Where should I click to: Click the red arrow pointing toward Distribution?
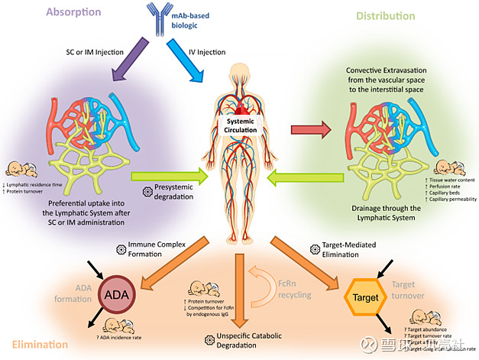pos(306,125)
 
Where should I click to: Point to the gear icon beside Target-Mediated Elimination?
pos(315,248)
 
